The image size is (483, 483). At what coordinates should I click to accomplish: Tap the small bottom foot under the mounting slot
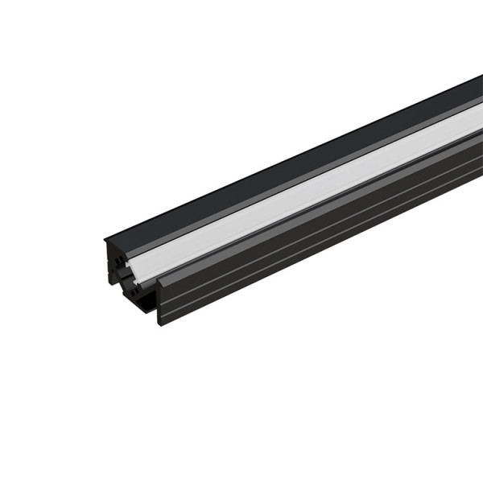click(145, 310)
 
